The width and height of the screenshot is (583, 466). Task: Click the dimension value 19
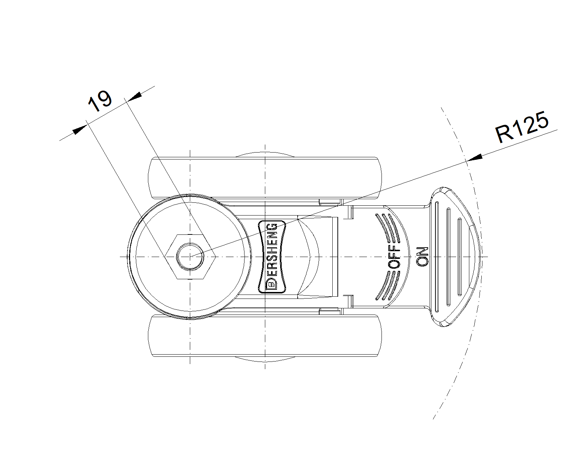tap(100, 101)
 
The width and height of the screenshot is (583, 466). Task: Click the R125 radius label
tap(522, 127)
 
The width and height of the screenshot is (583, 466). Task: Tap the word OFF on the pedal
tap(394, 257)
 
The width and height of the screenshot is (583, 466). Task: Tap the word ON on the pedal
tap(423, 257)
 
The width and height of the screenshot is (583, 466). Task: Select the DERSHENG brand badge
tap(272, 257)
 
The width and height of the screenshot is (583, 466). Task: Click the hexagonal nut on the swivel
tap(190, 257)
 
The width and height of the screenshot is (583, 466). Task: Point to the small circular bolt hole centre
tap(190, 257)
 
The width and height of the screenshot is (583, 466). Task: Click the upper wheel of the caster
tap(265, 177)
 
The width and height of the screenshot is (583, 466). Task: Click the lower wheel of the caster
tap(265, 336)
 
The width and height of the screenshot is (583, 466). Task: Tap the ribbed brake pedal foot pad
tap(455, 257)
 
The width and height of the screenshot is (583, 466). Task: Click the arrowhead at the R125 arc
tap(475, 158)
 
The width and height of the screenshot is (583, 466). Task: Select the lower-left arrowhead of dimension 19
tap(80, 130)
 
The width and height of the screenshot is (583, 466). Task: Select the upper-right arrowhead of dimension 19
tap(134, 97)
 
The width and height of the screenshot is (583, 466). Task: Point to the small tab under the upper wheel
tap(329, 201)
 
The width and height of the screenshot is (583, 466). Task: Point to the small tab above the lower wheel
tap(329, 312)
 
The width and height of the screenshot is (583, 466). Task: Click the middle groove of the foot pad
tap(448, 257)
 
